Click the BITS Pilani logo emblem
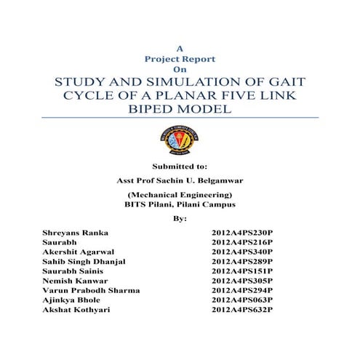point(179,137)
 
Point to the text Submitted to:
point(179,166)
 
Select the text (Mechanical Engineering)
point(180,195)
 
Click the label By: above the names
point(180,217)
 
